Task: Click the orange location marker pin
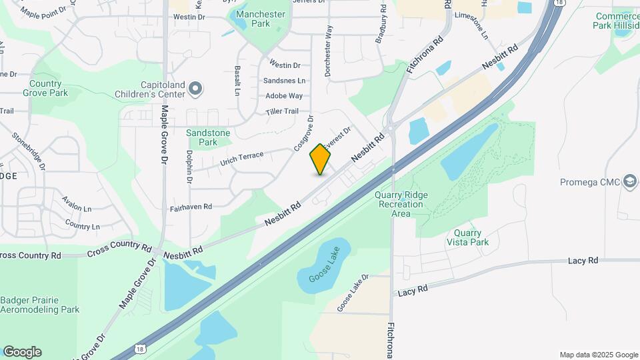[x=321, y=159]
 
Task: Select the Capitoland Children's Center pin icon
[x=195, y=88]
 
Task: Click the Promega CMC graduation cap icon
[x=629, y=181]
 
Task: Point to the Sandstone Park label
[x=208, y=137]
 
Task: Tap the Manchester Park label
[x=261, y=19]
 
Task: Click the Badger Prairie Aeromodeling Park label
[x=40, y=305]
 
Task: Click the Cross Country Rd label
[x=119, y=249]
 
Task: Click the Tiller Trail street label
[x=282, y=111]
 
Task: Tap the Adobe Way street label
[x=286, y=96]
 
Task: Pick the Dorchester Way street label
[x=329, y=51]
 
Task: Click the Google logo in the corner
[x=22, y=352]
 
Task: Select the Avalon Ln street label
[x=77, y=203]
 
